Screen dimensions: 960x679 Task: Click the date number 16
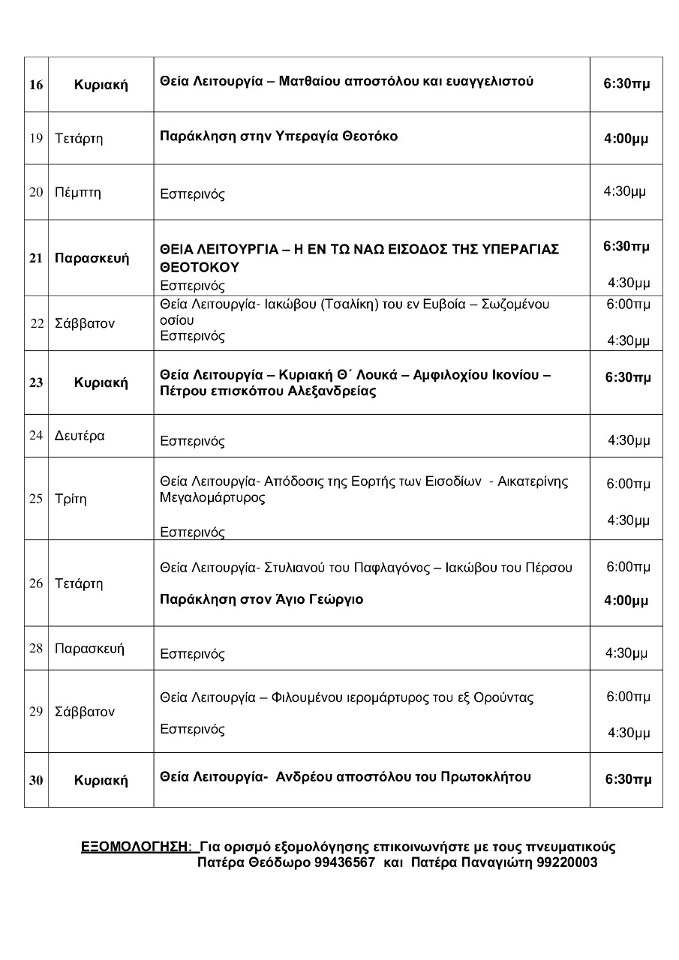[36, 85]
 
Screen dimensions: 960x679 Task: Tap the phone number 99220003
[567, 862]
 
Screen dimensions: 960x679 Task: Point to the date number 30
[36, 781]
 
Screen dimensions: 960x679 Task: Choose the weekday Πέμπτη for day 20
[78, 193]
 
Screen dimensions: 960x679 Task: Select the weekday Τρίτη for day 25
[71, 499]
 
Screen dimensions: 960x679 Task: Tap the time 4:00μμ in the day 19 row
[626, 139]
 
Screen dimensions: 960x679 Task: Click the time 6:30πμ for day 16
[626, 85]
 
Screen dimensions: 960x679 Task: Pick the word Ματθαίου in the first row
[309, 81]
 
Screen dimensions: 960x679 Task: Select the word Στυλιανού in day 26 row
[295, 568]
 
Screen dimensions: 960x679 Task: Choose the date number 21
[36, 259]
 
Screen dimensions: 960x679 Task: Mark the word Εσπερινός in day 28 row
[193, 654]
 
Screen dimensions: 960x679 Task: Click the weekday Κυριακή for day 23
[101, 383]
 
